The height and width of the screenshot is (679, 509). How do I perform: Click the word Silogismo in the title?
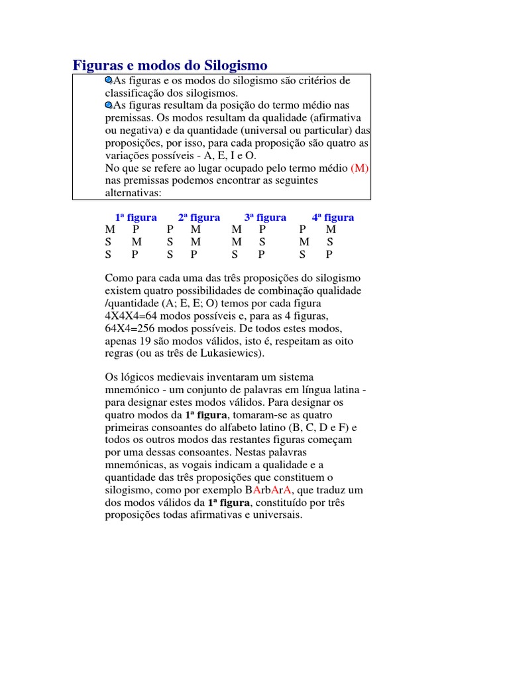point(233,66)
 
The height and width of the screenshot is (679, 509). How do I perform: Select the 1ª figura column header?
point(136,217)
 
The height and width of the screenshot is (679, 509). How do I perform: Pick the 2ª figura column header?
point(199,217)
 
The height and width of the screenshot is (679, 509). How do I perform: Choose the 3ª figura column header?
point(265,217)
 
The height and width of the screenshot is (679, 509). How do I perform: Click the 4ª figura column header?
point(333,217)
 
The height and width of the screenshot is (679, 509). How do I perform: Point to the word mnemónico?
point(131,390)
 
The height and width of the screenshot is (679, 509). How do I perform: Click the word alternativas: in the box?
point(133,193)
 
